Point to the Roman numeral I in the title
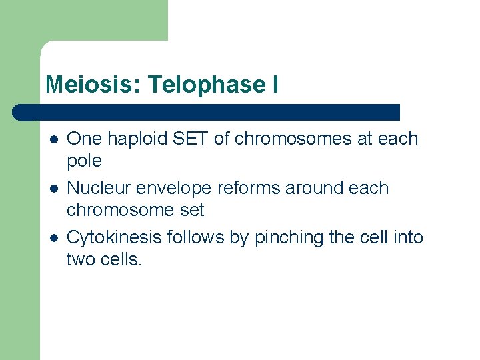coord(275,85)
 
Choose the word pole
coord(84,161)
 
